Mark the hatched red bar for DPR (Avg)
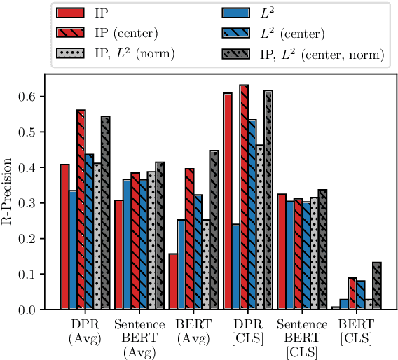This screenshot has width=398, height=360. click(x=81, y=210)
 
